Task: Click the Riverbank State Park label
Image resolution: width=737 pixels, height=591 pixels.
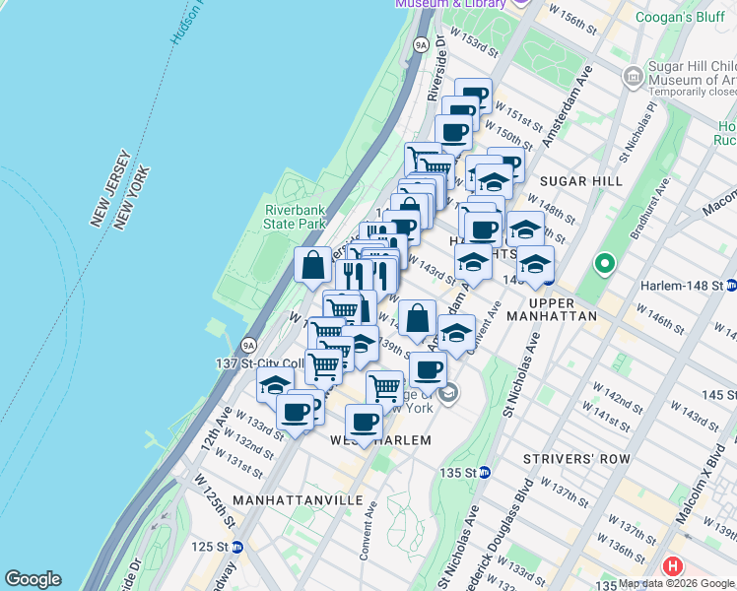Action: tap(295, 216)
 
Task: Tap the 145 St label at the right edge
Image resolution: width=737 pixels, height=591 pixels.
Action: tap(718, 395)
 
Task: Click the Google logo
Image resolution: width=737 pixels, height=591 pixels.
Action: tap(33, 579)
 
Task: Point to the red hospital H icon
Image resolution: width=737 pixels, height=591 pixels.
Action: tap(673, 566)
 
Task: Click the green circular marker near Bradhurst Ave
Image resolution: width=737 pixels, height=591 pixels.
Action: tap(603, 265)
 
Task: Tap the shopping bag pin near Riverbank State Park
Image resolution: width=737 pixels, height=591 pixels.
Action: tap(312, 265)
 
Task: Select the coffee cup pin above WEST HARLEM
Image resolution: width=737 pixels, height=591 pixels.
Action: tap(364, 422)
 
